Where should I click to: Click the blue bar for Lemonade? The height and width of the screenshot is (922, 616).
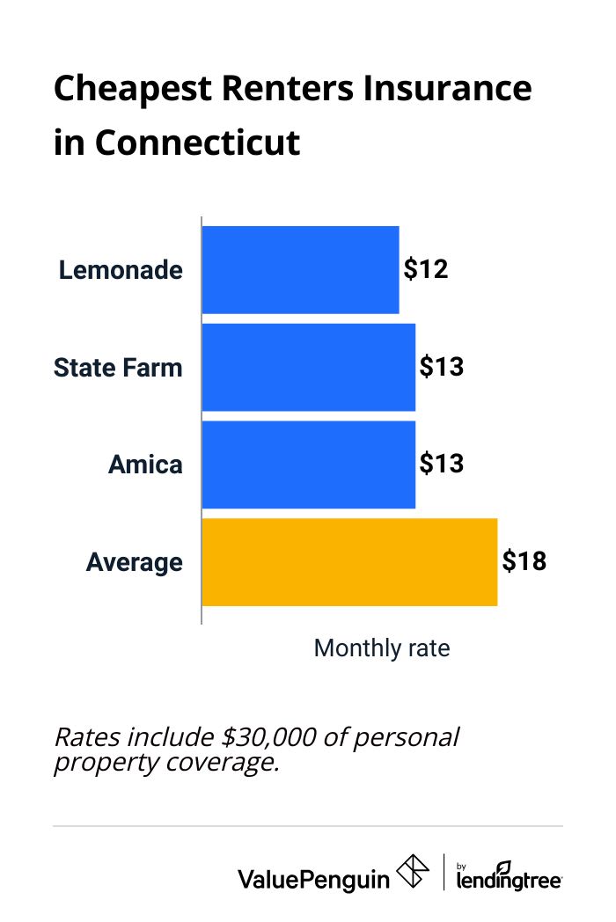(x=300, y=269)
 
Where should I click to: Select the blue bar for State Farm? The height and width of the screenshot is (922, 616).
(x=308, y=367)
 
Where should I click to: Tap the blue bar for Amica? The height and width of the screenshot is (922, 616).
(x=308, y=465)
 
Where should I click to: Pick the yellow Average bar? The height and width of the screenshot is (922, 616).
(x=349, y=562)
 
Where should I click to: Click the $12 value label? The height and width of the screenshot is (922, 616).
(x=426, y=269)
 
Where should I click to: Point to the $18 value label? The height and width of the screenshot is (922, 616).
(x=524, y=561)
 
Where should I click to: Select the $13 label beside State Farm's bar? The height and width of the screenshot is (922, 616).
(x=441, y=367)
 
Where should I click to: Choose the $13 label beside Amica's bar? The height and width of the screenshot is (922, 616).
(x=441, y=464)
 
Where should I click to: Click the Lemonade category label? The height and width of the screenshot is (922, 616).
(x=121, y=270)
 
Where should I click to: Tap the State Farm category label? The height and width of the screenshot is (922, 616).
(x=118, y=367)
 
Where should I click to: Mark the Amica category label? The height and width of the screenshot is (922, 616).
(x=145, y=465)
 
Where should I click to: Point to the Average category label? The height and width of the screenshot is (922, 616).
(x=135, y=562)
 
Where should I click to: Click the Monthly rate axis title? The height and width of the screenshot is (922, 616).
(x=382, y=648)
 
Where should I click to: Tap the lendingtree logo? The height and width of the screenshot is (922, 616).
(x=509, y=876)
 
